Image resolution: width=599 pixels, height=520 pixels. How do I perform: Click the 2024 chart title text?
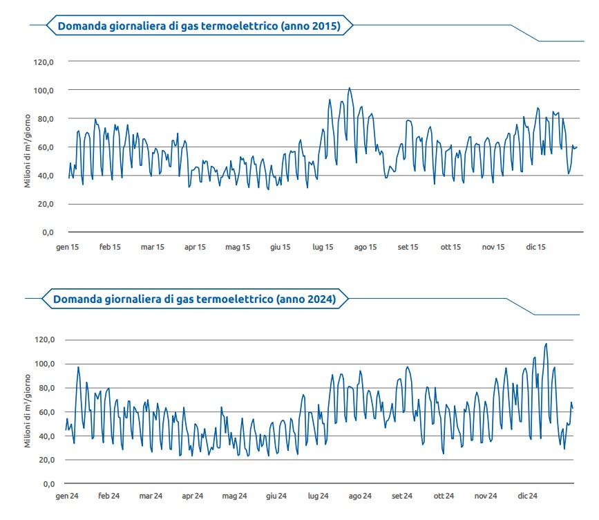[x=194, y=299]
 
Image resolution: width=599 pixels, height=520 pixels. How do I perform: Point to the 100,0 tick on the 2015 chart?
[x=44, y=91]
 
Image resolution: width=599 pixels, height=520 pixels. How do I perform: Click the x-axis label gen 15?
[x=68, y=247]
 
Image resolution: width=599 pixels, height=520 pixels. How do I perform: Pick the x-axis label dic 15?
[x=536, y=247]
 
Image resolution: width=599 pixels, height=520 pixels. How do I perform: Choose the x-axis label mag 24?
[x=234, y=496]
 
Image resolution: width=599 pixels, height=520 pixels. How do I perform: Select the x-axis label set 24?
[x=402, y=496]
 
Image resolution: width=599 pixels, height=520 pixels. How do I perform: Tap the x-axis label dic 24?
[x=528, y=496]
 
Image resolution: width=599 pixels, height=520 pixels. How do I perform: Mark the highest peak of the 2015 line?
[x=350, y=88]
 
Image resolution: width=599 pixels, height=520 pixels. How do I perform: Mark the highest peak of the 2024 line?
[x=546, y=344]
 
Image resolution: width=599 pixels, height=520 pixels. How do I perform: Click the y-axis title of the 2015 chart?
[x=28, y=150]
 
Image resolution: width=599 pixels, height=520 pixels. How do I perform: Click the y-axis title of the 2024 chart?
[x=28, y=411]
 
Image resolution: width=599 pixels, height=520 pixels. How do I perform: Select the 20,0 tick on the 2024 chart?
[x=44, y=460]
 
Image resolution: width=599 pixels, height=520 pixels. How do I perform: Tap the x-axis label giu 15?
[x=280, y=247]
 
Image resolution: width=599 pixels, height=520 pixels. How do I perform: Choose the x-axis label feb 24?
[x=109, y=496]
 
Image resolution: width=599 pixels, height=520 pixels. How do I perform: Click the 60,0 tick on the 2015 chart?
[x=44, y=147]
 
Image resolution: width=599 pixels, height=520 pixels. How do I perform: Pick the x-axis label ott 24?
[x=444, y=496]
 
